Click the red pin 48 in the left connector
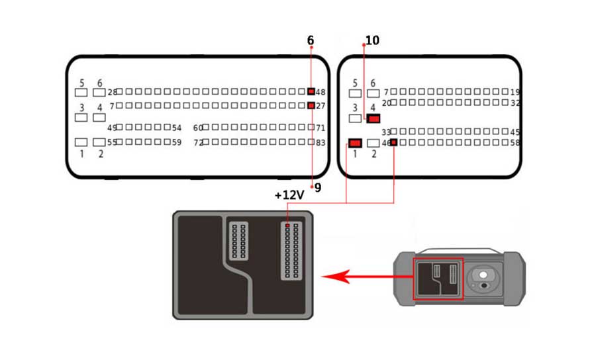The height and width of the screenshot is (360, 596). [311, 91]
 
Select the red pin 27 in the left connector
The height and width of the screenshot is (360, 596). [311, 106]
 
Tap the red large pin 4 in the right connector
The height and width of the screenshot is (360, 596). [373, 118]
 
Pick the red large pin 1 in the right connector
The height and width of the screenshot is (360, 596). [355, 143]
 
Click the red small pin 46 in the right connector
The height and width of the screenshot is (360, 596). [394, 142]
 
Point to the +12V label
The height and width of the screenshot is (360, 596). [289, 195]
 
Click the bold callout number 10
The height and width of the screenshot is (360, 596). [372, 41]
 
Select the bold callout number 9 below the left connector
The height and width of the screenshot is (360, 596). [318, 188]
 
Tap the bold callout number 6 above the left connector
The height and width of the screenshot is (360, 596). [311, 41]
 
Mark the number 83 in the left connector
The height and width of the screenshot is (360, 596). [321, 142]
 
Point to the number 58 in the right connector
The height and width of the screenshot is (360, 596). [515, 142]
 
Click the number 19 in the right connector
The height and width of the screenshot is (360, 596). [516, 92]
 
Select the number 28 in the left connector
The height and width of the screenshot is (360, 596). [112, 92]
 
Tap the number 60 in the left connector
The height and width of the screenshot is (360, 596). [198, 128]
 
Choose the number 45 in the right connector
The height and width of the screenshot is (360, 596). [515, 132]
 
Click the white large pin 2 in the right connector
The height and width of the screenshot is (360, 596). [373, 143]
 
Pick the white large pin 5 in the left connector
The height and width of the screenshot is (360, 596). [81, 93]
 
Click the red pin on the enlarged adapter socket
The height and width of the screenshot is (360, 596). [287, 227]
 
